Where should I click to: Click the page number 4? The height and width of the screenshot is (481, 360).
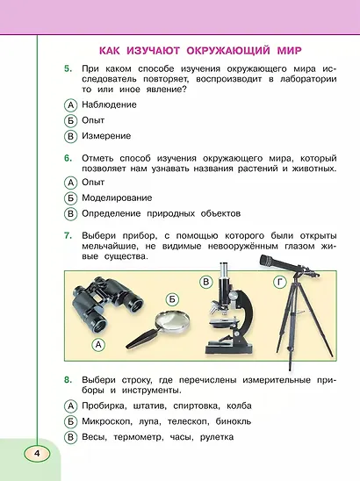(38, 453)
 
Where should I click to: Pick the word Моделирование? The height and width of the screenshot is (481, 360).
(117, 197)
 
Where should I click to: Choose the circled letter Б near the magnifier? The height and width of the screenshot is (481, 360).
(172, 298)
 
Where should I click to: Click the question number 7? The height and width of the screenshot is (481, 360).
(67, 236)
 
